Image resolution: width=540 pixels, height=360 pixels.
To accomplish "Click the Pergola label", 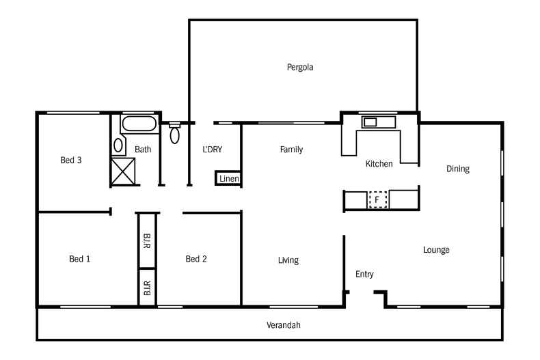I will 300,67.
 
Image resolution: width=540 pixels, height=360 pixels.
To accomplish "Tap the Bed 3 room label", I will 71,161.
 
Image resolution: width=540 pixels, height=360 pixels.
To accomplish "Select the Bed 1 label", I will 79,259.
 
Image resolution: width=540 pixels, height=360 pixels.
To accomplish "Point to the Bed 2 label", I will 196,259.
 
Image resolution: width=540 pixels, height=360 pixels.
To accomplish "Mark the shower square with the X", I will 123,171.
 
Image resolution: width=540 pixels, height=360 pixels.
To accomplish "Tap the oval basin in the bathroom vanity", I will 118,145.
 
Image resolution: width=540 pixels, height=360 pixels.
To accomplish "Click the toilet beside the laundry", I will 174,133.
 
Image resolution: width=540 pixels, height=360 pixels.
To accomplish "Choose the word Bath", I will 143,149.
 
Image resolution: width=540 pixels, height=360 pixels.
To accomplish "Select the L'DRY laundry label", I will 212,149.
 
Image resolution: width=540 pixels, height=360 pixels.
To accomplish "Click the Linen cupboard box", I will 228,178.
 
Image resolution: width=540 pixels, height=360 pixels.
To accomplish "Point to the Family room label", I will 291,149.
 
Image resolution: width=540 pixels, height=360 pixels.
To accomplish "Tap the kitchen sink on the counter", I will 370,122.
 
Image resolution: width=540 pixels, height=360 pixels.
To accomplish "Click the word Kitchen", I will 379,164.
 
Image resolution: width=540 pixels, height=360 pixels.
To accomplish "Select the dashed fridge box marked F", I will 377,199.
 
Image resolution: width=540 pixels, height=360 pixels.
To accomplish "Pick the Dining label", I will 457,169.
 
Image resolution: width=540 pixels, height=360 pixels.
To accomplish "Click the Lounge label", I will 436,250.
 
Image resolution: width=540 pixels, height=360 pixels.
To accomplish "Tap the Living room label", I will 288,260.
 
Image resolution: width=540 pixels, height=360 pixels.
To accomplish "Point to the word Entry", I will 364,274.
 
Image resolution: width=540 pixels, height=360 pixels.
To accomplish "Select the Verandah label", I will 283,325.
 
